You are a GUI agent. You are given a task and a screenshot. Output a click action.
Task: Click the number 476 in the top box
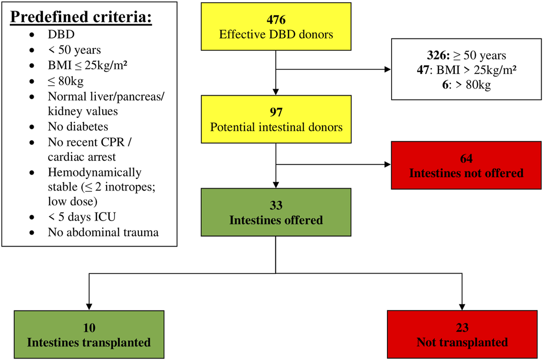click(x=276, y=20)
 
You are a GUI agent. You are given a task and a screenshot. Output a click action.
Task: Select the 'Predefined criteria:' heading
click(x=81, y=17)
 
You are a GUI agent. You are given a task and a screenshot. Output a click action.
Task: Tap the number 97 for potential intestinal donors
click(x=276, y=112)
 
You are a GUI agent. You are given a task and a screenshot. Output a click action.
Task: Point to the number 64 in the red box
click(x=466, y=158)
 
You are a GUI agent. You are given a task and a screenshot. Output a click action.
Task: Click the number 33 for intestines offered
click(x=276, y=205)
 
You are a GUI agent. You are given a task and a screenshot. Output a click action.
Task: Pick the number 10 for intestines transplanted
click(x=89, y=328)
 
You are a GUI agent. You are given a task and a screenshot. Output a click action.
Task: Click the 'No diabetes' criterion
click(x=78, y=127)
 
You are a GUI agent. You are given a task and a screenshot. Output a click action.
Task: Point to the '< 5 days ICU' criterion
click(x=82, y=217)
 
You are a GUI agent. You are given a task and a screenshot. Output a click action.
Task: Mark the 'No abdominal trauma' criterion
click(x=103, y=232)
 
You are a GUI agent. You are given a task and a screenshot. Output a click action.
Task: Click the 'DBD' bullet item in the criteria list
click(x=61, y=34)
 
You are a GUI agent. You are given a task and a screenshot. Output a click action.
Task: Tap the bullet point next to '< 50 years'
click(x=32, y=50)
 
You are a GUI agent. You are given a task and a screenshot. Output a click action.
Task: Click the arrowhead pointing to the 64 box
click(x=387, y=164)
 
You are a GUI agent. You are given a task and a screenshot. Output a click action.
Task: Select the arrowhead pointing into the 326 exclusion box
click(x=387, y=69)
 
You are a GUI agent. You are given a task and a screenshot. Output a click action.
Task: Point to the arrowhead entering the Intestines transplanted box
click(x=89, y=307)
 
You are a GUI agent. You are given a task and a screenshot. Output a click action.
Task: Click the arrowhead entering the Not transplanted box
click(x=462, y=307)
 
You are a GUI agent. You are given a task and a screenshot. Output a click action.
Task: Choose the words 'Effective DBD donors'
click(x=276, y=34)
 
